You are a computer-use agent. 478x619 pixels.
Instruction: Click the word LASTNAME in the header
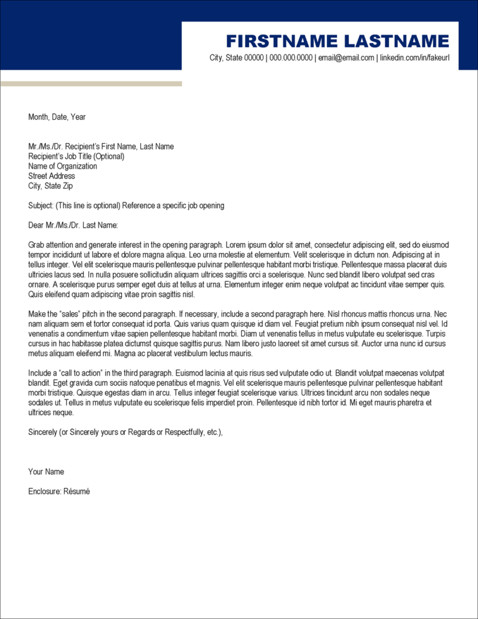396,41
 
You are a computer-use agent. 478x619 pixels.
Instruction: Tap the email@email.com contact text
347,58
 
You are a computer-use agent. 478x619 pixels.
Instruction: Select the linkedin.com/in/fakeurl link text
415,58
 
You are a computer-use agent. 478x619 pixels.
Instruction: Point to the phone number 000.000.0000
291,58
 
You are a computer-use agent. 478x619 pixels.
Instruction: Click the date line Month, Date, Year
57,117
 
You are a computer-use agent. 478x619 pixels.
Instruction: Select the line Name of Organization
62,166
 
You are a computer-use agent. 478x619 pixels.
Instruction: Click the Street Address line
51,176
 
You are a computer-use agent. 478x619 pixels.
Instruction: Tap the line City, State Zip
50,186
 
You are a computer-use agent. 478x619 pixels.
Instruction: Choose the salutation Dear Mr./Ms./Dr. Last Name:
73,225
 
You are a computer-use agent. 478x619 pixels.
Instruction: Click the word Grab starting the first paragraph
36,245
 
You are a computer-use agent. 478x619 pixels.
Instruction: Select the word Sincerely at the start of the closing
42,432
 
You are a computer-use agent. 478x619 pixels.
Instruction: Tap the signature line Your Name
46,472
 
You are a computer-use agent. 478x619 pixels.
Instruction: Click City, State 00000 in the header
236,58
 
